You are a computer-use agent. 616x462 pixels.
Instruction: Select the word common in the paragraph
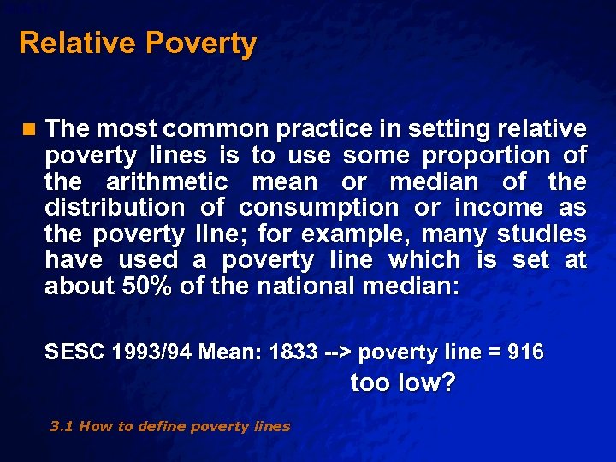216,129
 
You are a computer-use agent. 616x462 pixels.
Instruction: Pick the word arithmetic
167,181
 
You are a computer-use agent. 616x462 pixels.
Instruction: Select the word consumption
318,208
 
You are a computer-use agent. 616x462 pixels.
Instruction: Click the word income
499,208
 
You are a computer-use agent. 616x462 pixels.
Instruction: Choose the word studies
542,234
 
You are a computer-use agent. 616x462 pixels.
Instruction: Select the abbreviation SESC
74,352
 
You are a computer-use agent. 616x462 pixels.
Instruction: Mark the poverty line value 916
524,352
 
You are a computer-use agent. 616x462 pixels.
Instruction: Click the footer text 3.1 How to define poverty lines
169,426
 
